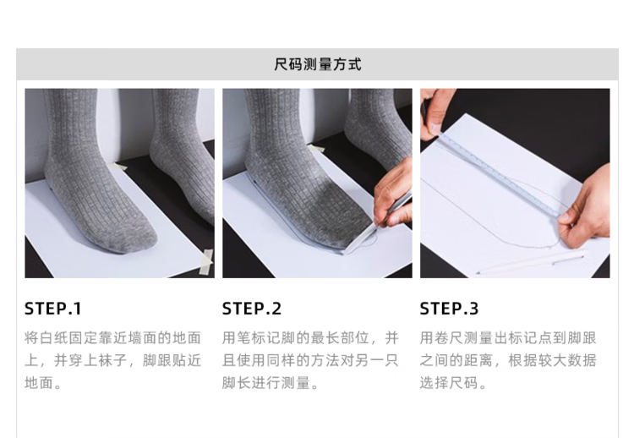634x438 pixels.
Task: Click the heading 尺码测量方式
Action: [x=317, y=64]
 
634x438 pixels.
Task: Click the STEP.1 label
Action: [x=53, y=309]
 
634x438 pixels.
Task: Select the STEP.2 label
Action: [x=252, y=309]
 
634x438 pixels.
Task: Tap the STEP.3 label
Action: [x=449, y=309]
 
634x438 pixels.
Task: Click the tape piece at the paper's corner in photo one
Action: [x=206, y=262]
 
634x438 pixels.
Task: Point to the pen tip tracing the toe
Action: [x=374, y=225]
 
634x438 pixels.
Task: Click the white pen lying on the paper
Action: [x=531, y=262]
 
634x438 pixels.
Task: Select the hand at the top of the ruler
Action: [x=435, y=113]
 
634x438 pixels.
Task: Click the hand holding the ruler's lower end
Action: [x=587, y=211]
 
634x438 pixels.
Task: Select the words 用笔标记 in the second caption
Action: [x=252, y=337]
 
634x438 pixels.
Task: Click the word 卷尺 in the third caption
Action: [x=449, y=337]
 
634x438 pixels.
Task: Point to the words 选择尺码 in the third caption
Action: [x=449, y=382]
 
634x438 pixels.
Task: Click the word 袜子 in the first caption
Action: [x=112, y=360]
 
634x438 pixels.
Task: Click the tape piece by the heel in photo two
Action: [x=317, y=148]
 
